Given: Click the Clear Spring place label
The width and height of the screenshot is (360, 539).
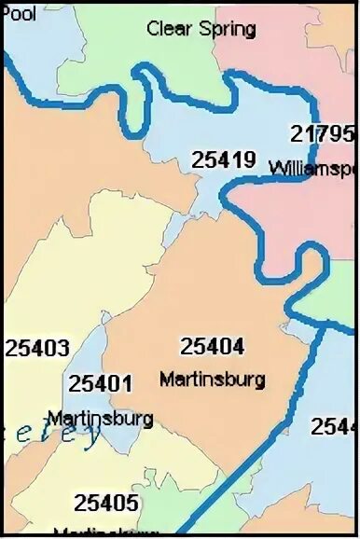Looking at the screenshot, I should click(x=201, y=29).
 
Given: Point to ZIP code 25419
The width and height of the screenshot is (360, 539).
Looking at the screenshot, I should click(x=224, y=159).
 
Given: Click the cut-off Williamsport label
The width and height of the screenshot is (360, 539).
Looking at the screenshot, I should click(x=313, y=169).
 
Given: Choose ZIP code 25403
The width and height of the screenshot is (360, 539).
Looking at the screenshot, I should click(x=37, y=349).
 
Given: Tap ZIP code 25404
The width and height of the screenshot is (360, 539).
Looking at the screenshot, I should click(x=213, y=347).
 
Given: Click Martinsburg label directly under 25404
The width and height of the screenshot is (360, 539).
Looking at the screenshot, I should click(x=213, y=380).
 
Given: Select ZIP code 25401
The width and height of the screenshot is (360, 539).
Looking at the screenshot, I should click(x=100, y=383).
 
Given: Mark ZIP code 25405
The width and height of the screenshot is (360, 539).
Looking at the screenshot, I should click(x=106, y=504).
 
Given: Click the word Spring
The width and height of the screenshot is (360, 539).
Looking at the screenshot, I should click(x=228, y=30).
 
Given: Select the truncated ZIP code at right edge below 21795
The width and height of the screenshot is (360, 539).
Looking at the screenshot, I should click(x=335, y=426).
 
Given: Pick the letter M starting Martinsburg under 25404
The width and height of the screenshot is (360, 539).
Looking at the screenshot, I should click(x=166, y=380).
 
